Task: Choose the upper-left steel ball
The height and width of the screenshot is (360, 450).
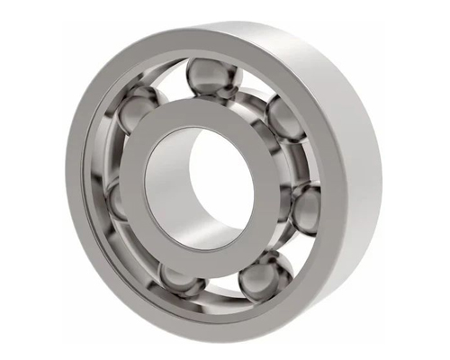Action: point(137,113)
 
